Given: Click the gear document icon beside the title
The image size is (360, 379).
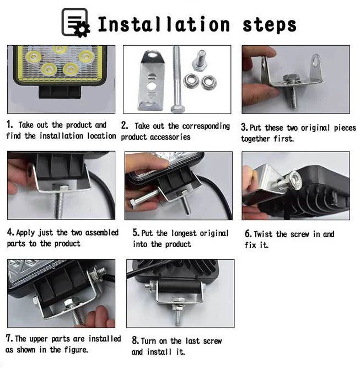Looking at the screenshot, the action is [x=76, y=23].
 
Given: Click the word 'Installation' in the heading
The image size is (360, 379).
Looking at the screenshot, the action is [x=164, y=24].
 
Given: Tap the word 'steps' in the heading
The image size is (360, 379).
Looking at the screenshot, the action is [x=270, y=25].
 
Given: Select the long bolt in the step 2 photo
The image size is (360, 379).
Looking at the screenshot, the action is [x=178, y=79].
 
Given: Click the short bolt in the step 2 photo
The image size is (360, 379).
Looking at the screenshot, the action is [x=200, y=61].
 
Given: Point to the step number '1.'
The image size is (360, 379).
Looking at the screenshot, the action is [x=10, y=125].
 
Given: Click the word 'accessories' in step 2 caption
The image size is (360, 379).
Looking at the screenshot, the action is [x=170, y=137].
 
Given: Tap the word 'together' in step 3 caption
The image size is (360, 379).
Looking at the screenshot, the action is [x=255, y=138].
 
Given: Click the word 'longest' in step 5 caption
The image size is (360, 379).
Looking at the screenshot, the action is [x=184, y=234].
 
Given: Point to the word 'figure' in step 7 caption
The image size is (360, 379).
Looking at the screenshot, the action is [x=75, y=350].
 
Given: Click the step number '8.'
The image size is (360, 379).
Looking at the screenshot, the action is [x=135, y=340].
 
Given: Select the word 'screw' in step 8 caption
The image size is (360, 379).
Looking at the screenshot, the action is [x=212, y=341].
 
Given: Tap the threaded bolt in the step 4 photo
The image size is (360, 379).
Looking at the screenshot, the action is [x=58, y=200].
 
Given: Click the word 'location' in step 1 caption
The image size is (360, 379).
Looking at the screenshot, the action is [x=101, y=136].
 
